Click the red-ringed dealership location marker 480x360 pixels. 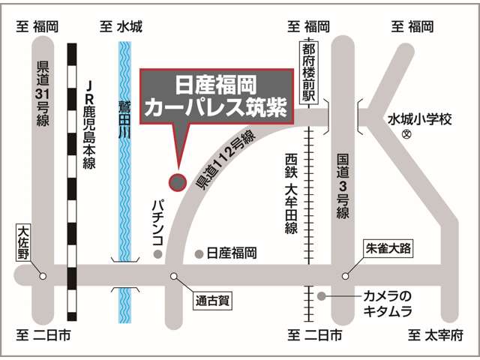pos(177,181)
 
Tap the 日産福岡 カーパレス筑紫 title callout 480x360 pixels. pos(217,95)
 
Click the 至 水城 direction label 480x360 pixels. pos(121,28)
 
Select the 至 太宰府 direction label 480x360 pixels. pos(436,335)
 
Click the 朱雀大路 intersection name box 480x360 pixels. pos(388,247)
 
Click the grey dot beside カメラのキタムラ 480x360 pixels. pos(321,296)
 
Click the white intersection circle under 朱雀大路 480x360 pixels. pos(346,275)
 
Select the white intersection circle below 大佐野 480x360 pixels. pos(43,275)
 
